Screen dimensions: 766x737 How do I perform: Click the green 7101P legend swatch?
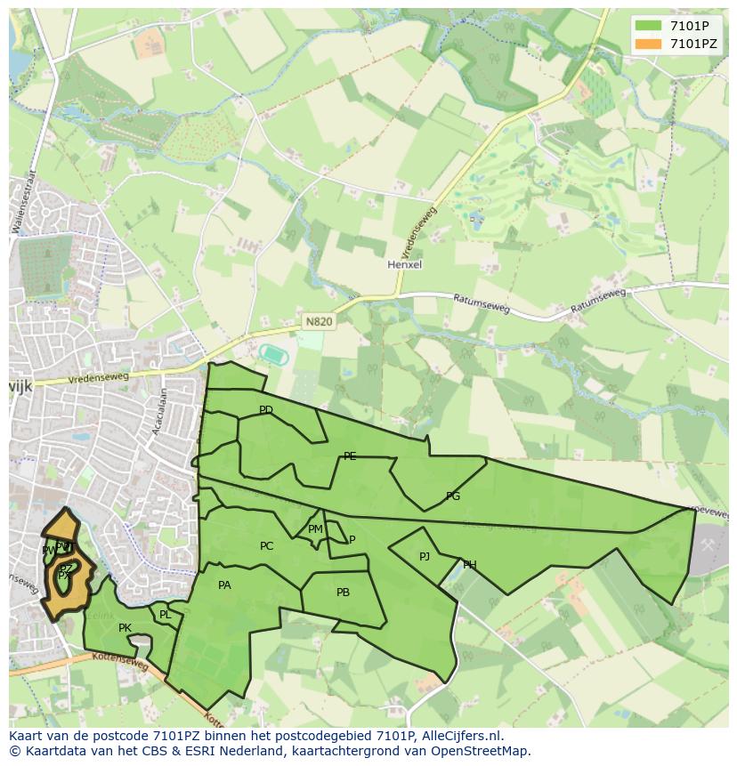point(647,26)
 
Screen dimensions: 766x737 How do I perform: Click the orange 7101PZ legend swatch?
point(647,44)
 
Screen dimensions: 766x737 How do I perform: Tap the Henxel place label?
point(404,264)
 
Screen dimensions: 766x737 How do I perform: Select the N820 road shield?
point(318,322)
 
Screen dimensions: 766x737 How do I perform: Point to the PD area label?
point(265,410)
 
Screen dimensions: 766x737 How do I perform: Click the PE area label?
point(350,456)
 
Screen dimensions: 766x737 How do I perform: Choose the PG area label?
point(453,496)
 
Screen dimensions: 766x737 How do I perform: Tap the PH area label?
point(469,565)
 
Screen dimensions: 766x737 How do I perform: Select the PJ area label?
point(425,557)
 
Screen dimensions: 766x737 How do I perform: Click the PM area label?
point(315,529)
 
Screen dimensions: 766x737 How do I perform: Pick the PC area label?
point(266,546)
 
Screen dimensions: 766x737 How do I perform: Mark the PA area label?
point(224,585)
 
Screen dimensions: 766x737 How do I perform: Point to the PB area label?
point(343,593)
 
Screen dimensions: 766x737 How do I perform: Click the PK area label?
point(125,628)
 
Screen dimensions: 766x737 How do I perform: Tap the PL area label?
point(165,615)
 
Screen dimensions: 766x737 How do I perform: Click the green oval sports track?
point(272,354)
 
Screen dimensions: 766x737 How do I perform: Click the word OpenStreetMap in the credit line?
point(480,752)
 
